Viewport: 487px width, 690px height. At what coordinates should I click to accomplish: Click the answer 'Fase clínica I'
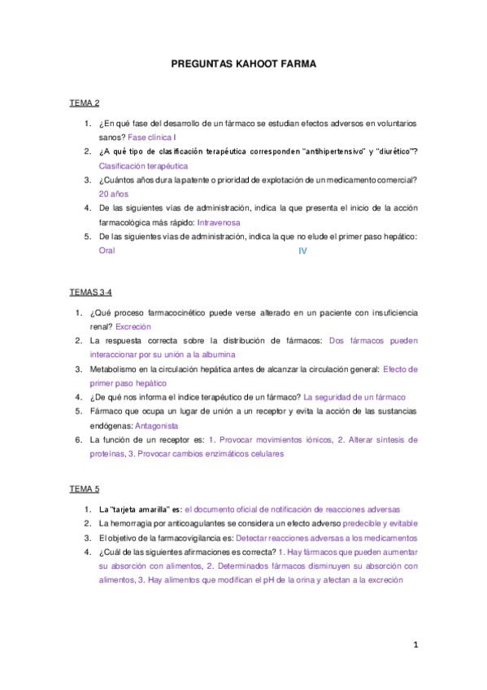point(152,138)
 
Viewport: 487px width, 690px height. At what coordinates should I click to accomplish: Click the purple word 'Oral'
point(107,251)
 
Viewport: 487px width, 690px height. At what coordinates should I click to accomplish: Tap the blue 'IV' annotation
point(302,251)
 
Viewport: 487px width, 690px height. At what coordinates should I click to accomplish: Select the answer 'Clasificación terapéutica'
point(142,166)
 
